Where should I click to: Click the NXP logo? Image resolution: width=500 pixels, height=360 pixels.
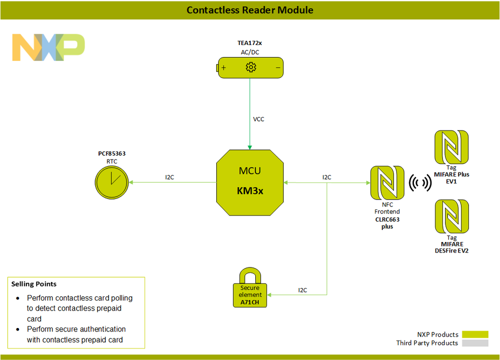(49, 47)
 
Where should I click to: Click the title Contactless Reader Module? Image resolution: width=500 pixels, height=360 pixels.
(250, 10)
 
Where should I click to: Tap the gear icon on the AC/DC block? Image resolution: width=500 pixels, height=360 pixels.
(251, 67)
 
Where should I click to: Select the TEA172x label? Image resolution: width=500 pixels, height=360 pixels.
(250, 43)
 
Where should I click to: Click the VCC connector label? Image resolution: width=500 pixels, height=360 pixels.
(259, 119)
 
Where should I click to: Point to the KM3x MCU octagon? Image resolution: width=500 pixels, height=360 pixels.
(250, 182)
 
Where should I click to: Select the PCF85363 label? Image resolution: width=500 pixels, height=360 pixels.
(112, 153)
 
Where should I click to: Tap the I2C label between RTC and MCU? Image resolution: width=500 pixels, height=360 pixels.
(170, 177)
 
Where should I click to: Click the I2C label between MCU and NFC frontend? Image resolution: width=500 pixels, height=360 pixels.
(326, 177)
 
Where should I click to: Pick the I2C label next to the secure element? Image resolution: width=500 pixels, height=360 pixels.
(303, 290)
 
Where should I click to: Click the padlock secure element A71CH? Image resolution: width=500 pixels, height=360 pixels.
(250, 288)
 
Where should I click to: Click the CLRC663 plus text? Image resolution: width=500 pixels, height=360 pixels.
(387, 223)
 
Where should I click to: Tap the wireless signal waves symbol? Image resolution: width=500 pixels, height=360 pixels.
(420, 183)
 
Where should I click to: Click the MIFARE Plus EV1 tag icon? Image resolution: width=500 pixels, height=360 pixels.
(451, 147)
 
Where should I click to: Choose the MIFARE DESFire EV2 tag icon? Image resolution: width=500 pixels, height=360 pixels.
(451, 216)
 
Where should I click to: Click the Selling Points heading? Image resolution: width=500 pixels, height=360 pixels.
(34, 284)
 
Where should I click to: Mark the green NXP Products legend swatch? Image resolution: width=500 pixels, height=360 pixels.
(475, 334)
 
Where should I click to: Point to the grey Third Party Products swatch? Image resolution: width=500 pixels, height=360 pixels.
(475, 343)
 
